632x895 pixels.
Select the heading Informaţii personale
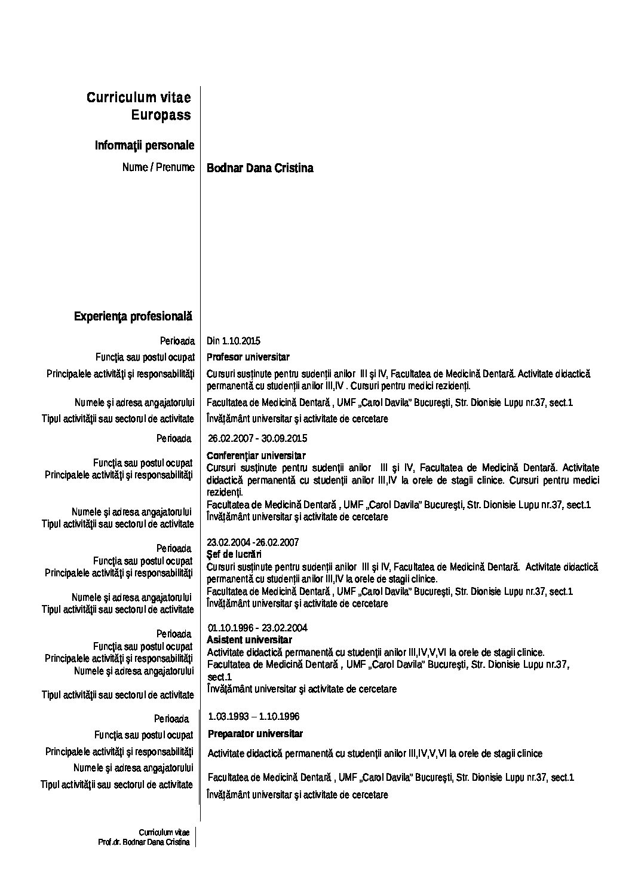[144, 145]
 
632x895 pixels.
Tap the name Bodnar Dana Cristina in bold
[260, 168]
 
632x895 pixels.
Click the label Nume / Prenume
[158, 167]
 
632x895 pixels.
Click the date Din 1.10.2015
[234, 341]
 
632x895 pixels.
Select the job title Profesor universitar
[248, 358]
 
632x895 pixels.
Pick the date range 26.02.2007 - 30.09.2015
[257, 438]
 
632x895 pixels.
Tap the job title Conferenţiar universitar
[256, 456]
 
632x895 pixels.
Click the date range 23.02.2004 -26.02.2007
[253, 542]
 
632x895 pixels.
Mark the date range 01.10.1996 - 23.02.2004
[257, 628]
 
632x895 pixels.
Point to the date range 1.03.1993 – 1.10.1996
[254, 716]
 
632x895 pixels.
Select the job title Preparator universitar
[255, 734]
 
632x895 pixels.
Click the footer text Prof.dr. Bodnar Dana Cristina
[144, 842]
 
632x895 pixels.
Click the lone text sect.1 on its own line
[219, 677]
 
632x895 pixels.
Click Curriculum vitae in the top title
[139, 97]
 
